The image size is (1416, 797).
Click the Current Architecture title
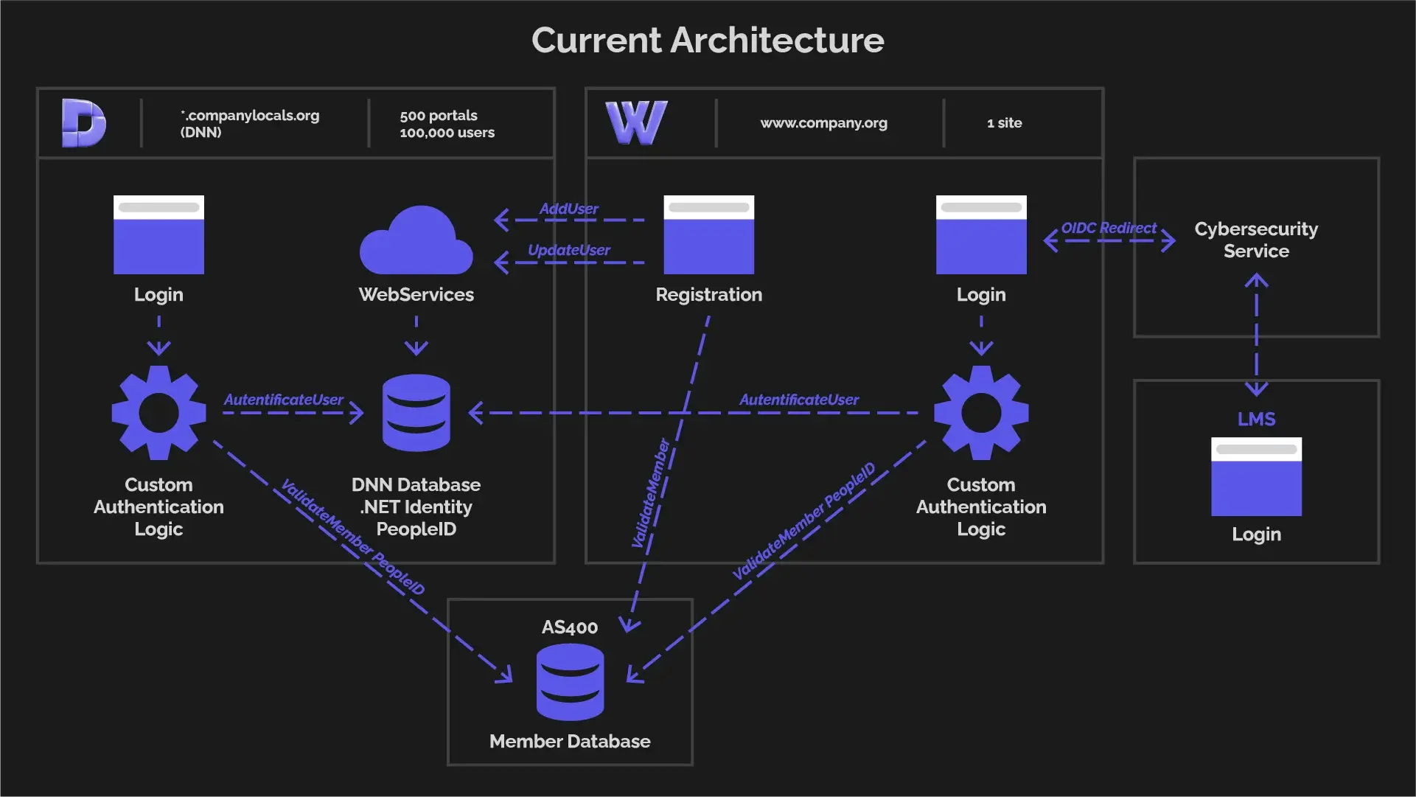708,41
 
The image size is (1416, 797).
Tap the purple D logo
83,122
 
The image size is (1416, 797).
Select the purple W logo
636,122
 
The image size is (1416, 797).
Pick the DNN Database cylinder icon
416,413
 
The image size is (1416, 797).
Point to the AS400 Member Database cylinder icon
570,682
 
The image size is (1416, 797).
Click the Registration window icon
708,234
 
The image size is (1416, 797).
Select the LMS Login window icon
1256,477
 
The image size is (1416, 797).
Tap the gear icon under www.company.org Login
981,413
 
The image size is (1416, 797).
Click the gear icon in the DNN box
158,413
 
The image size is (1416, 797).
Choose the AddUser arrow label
568,209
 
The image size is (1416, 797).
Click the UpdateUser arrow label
568,250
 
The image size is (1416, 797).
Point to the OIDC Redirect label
1109,228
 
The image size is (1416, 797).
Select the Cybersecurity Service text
1256,240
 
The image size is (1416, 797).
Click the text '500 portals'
439,115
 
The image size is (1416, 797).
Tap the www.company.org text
823,123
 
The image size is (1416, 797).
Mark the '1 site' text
1004,123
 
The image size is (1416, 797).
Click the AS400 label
570,627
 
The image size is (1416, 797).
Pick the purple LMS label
1256,419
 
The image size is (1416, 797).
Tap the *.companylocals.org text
250,115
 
